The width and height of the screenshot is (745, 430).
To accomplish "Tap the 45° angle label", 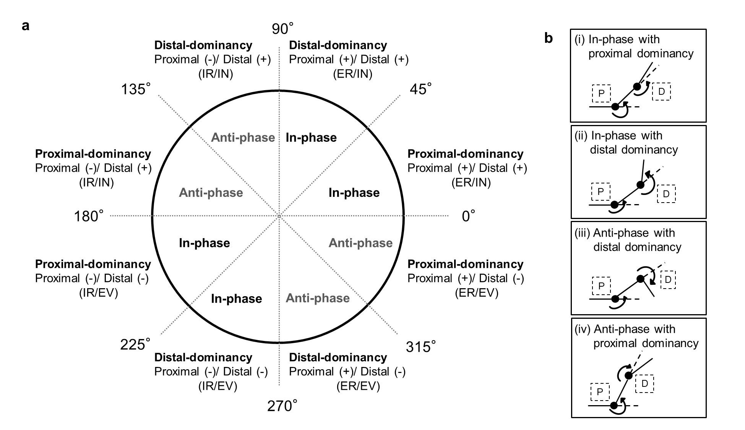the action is coord(420,89).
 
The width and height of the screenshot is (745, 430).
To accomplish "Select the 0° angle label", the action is coord(469,216).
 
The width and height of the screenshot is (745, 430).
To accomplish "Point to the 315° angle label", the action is coord(420,347).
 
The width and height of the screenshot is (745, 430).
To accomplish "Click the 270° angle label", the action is coord(282,406).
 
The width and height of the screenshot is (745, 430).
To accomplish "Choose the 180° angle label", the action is coord(89,216).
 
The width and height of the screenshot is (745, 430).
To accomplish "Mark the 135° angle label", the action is coord(136,89).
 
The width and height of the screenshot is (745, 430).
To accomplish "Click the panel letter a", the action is coord(26,26).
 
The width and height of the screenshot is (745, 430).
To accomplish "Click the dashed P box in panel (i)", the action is coord(601,93).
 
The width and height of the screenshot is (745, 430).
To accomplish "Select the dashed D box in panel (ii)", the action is coord(666,194).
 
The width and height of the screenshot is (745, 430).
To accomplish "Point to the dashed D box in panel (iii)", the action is coord(668,279).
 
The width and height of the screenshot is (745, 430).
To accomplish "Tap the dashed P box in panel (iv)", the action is coord(600,392).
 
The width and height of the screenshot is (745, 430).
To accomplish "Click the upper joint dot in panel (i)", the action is coord(637,86).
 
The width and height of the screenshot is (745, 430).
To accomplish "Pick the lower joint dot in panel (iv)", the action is coord(614,406).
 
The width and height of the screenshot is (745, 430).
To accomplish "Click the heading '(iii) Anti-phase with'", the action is coord(625,233).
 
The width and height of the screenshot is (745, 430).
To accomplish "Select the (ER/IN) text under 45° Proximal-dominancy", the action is coord(471,182).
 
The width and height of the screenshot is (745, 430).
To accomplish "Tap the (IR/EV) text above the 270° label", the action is coord(217,386).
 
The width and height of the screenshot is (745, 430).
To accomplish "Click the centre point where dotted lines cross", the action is coord(279,216).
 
